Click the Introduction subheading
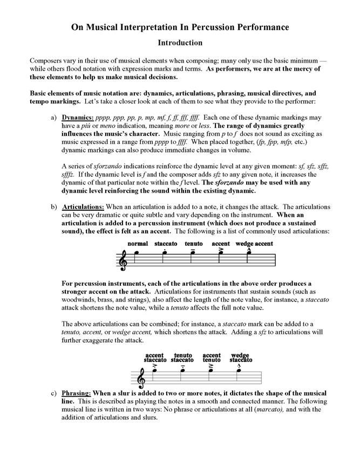180,42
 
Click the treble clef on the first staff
123,260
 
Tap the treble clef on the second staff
141,377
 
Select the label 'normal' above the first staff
138,244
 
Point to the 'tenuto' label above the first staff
193,244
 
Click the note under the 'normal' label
137,252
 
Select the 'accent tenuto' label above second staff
212,358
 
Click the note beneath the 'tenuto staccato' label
184,371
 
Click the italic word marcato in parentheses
264,409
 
